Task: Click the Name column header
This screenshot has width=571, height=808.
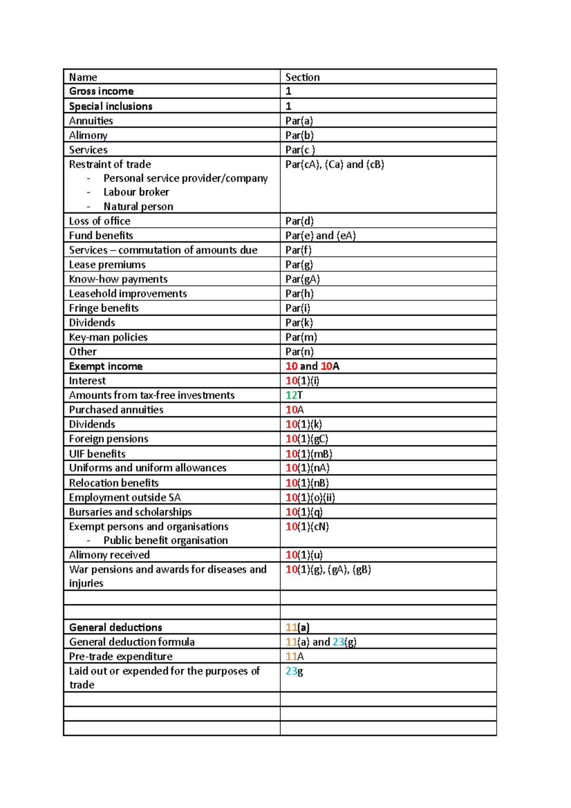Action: pyautogui.click(x=83, y=77)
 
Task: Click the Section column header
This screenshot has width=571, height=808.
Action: pyautogui.click(x=302, y=77)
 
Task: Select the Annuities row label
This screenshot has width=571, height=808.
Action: pyautogui.click(x=91, y=121)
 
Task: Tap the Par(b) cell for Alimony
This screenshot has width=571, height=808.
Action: pyautogui.click(x=299, y=135)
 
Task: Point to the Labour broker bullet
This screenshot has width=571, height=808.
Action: pyautogui.click(x=136, y=192)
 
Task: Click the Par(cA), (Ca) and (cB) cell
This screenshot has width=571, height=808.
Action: pyautogui.click(x=335, y=165)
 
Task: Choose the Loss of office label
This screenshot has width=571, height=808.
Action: pyautogui.click(x=99, y=221)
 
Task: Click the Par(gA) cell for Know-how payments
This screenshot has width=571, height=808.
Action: pyautogui.click(x=302, y=279)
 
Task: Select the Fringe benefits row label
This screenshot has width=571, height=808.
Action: pyautogui.click(x=104, y=308)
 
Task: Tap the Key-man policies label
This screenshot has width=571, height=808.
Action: pyautogui.click(x=108, y=337)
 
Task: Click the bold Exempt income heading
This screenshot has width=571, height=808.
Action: pyautogui.click(x=106, y=366)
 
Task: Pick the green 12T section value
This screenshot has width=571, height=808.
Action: pyautogui.click(x=294, y=395)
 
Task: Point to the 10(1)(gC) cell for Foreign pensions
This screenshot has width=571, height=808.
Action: pyautogui.click(x=306, y=439)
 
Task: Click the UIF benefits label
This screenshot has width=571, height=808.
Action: pyautogui.click(x=97, y=454)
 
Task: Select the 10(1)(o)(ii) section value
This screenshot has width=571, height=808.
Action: pyautogui.click(x=310, y=498)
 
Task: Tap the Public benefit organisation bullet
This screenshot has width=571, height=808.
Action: pyautogui.click(x=165, y=541)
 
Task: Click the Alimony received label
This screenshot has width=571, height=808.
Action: pyautogui.click(x=109, y=555)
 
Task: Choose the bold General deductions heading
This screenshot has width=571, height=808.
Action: pyautogui.click(x=116, y=628)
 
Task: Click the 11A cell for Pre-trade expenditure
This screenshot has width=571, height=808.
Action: pyautogui.click(x=294, y=657)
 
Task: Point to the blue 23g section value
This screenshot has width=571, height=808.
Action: pyautogui.click(x=294, y=671)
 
